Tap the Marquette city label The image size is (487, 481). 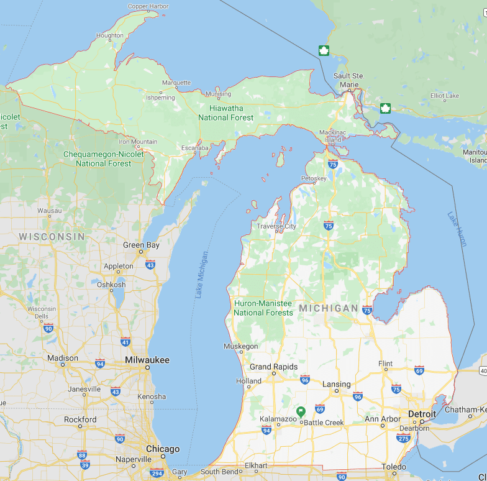[176, 83]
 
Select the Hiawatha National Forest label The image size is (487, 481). [226, 112]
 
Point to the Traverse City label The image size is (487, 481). [276, 226]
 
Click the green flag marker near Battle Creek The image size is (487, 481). [301, 411]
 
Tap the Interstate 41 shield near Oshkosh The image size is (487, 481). [125, 342]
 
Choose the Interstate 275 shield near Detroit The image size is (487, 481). [403, 438]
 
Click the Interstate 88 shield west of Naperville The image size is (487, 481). [82, 454]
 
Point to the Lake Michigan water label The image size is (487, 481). [202, 274]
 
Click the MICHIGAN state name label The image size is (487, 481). [328, 308]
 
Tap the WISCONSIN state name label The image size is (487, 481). [52, 237]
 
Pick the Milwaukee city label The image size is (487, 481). [147, 360]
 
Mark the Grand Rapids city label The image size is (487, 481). [273, 367]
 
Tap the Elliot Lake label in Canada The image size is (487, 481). [445, 96]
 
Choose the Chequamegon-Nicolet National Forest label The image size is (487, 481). [104, 159]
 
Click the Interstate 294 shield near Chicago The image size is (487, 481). [157, 473]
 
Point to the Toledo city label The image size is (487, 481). [394, 467]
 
